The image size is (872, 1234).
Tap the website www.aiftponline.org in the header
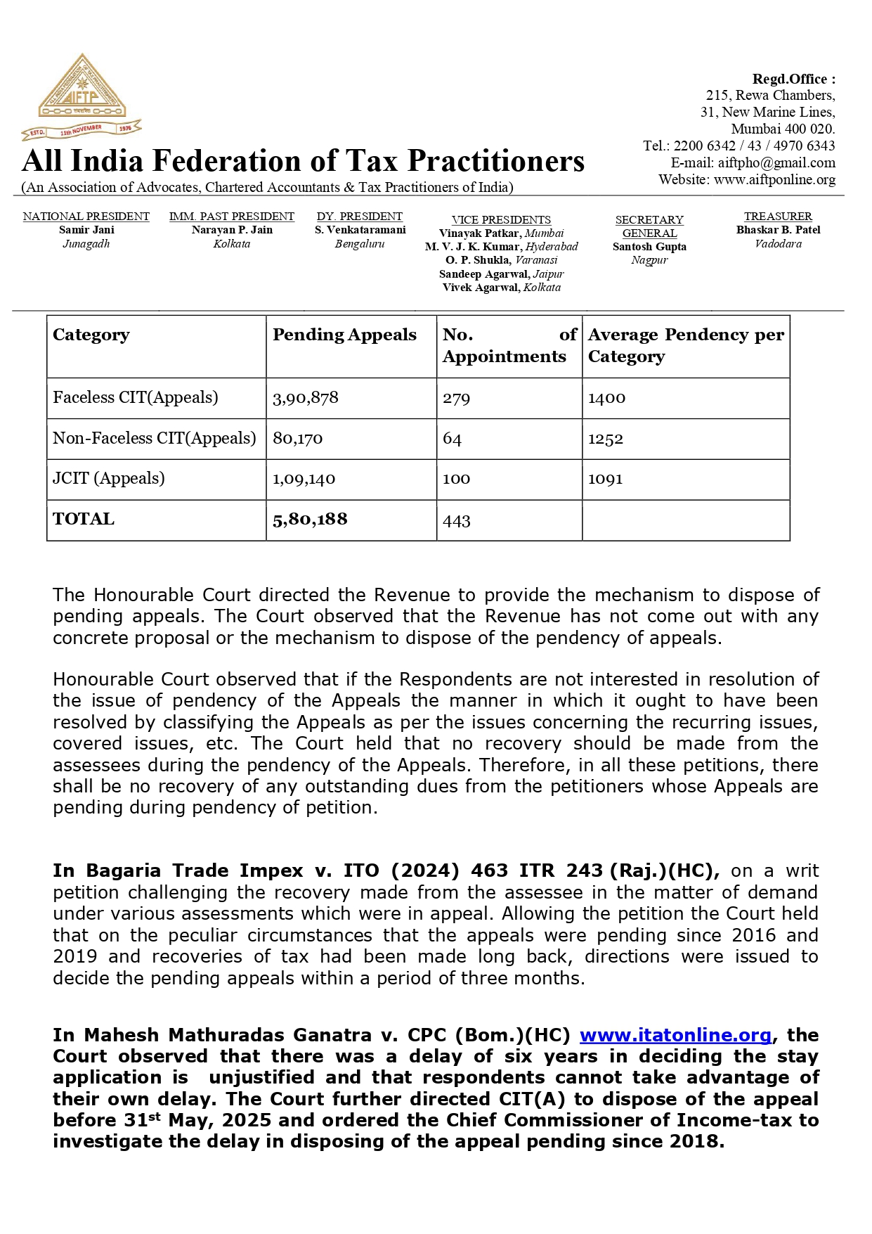(774, 180)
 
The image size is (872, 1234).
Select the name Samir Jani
(86, 230)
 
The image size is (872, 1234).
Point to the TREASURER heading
(778, 217)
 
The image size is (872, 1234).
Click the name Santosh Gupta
(649, 247)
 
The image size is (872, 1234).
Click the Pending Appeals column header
(344, 335)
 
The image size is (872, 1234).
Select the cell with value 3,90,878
(306, 398)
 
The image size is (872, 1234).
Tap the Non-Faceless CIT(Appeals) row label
(155, 438)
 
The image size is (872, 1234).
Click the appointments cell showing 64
(452, 439)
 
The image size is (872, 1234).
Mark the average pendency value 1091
(605, 480)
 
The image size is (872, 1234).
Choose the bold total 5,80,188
(310, 520)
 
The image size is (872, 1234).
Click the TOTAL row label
(84, 520)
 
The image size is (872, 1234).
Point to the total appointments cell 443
(457, 521)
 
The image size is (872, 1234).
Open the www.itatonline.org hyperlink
(675, 1036)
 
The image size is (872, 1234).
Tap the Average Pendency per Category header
(686, 345)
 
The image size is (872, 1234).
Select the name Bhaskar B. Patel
(778, 230)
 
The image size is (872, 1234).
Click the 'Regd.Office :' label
(793, 79)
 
